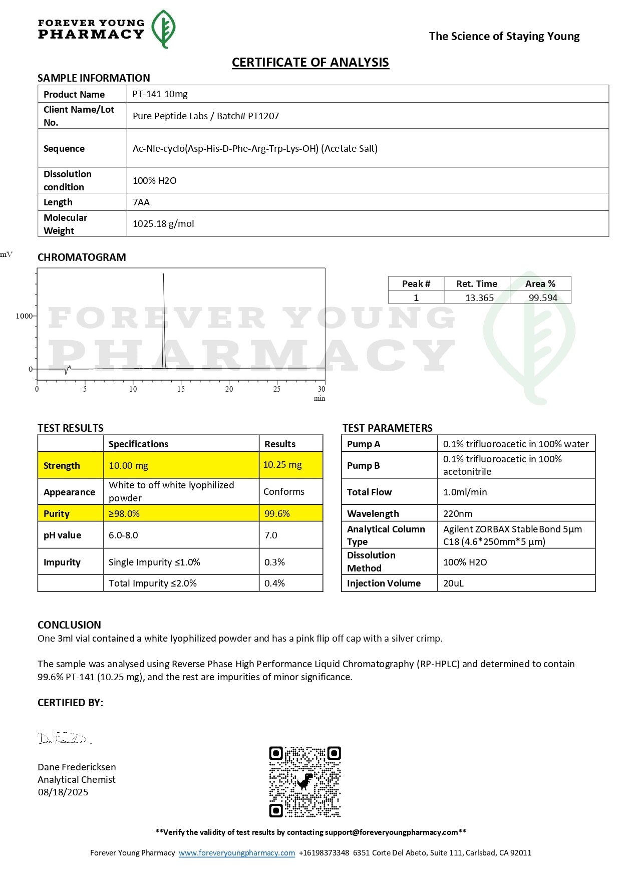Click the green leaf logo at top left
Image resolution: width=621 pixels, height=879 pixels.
163,29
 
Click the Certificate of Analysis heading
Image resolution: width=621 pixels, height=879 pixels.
310,62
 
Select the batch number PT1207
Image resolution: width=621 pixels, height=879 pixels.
263,116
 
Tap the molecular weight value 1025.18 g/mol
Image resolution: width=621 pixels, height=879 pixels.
163,224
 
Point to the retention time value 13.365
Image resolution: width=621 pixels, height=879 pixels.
479,298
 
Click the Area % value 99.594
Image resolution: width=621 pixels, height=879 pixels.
543,298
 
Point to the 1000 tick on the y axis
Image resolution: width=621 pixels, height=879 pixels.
24,316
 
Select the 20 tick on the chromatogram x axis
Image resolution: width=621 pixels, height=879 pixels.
229,389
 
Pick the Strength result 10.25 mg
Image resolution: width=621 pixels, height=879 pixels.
282,465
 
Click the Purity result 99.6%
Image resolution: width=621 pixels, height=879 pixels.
277,513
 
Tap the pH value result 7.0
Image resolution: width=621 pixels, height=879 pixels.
271,535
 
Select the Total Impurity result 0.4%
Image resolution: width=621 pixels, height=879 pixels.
274,583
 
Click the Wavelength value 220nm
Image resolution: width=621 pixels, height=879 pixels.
458,513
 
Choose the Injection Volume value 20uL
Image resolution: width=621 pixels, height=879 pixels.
453,583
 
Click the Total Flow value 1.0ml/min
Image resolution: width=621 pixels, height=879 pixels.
465,492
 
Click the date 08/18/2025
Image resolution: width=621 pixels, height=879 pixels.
63,792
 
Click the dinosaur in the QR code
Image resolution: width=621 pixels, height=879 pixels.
304,781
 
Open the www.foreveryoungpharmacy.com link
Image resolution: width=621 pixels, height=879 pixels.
237,852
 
